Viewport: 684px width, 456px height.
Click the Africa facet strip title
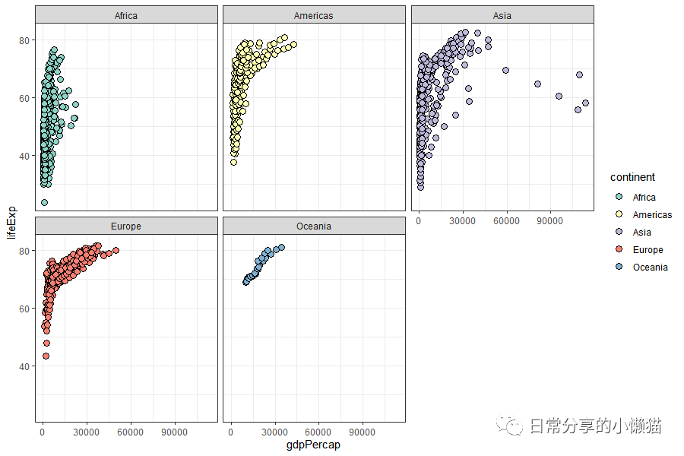[126, 15]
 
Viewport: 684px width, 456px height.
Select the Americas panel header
[314, 15]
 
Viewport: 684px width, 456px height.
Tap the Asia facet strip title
[502, 15]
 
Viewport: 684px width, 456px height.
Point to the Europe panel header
[126, 226]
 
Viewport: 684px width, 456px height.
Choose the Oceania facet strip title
[314, 226]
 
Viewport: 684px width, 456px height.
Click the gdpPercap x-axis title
[314, 445]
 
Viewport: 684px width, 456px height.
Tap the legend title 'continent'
[632, 177]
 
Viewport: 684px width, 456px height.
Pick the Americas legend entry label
[652, 215]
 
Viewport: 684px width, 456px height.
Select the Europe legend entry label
[648, 250]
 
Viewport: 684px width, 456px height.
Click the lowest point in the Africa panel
[44, 202]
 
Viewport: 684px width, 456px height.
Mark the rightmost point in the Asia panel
[585, 103]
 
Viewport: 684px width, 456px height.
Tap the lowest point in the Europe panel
[46, 356]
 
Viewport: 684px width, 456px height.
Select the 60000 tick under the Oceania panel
[318, 432]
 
